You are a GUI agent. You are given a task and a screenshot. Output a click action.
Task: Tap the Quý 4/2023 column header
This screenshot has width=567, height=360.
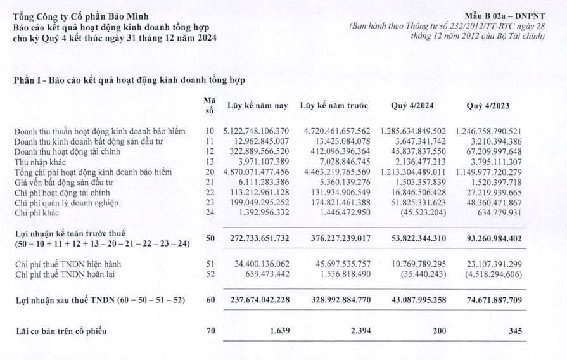click(488, 106)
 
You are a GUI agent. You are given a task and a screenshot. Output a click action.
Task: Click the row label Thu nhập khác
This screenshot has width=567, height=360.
click(41, 163)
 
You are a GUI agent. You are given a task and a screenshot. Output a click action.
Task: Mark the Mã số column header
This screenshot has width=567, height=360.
click(210, 105)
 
